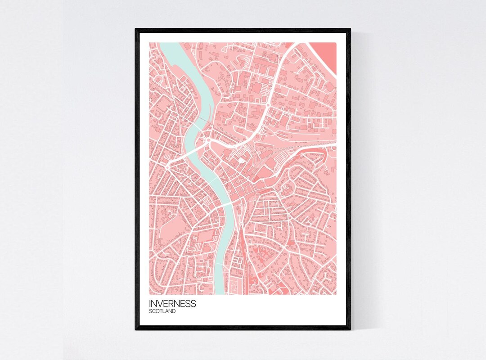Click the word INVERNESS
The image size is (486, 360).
172,303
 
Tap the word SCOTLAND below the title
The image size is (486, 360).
162,311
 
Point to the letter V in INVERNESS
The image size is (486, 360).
161,303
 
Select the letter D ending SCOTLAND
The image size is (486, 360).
174,311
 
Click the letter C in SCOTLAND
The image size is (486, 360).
154,311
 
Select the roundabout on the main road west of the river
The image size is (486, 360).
167,167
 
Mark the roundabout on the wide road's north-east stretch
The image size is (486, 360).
269,106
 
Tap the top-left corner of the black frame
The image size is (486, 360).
136,30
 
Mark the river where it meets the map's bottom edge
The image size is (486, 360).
219,292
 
